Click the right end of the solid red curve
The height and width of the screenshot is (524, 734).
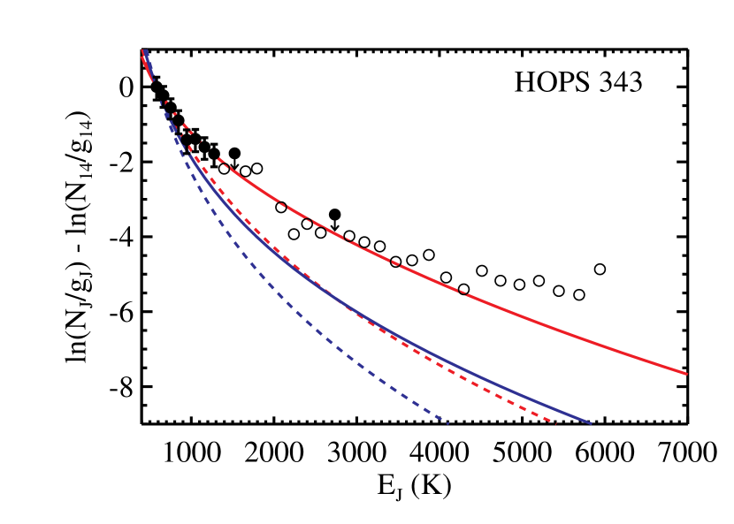685,373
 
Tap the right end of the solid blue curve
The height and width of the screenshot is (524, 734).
589,422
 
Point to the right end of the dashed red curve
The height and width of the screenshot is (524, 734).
554,421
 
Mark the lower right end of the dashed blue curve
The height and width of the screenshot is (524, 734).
447,423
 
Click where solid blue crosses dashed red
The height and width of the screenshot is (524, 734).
349,308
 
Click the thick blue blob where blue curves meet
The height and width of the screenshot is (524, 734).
173,128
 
